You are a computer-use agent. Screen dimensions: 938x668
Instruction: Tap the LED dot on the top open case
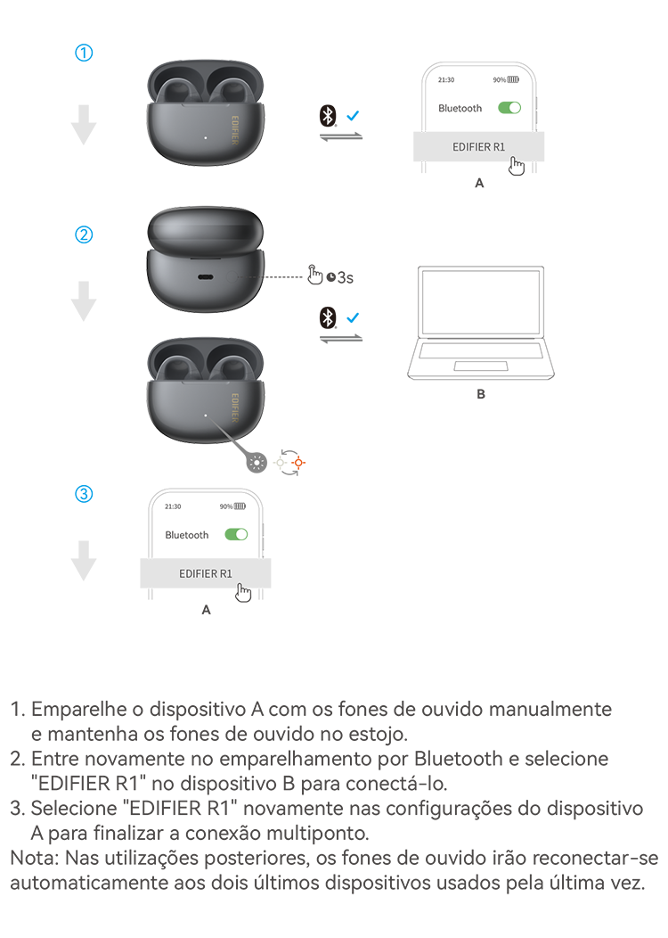[x=206, y=137]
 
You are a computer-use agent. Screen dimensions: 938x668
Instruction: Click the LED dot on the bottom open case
[x=206, y=416]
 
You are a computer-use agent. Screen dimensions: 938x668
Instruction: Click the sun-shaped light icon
[x=257, y=462]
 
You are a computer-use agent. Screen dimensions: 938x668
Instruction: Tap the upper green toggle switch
[x=509, y=108]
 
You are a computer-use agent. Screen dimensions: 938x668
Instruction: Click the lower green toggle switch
[x=234, y=533]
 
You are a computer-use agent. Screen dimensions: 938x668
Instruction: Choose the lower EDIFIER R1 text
[x=206, y=573]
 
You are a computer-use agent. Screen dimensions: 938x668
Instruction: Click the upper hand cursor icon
[x=517, y=166]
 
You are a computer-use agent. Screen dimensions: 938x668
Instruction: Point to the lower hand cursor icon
[x=244, y=592]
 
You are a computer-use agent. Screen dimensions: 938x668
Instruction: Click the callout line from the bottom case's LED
[x=227, y=434]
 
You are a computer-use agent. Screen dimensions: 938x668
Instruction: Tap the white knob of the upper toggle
[x=514, y=108]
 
